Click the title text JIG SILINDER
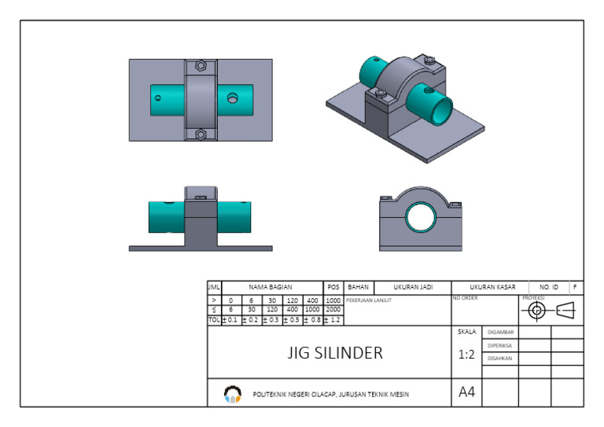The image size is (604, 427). pyautogui.click(x=335, y=353)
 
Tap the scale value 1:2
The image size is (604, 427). pyautogui.click(x=466, y=355)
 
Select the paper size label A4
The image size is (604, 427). pyautogui.click(x=466, y=392)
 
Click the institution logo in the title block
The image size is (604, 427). pyautogui.click(x=232, y=393)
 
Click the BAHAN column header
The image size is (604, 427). pyautogui.click(x=358, y=288)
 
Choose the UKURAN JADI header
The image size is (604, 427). pyautogui.click(x=412, y=288)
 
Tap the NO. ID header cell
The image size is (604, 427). pyautogui.click(x=548, y=288)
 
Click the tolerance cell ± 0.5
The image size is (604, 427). pyautogui.click(x=292, y=320)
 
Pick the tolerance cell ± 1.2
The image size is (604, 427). pyautogui.click(x=333, y=320)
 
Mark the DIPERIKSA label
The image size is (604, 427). pyautogui.click(x=500, y=345)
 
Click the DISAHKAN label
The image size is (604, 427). pyautogui.click(x=500, y=358)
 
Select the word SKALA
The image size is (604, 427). pyautogui.click(x=466, y=332)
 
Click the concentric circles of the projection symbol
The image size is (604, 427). pyautogui.click(x=537, y=310)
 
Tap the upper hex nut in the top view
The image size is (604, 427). pyautogui.click(x=201, y=65)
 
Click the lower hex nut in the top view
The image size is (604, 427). pyautogui.click(x=201, y=134)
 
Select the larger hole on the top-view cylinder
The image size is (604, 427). pyautogui.click(x=232, y=98)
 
